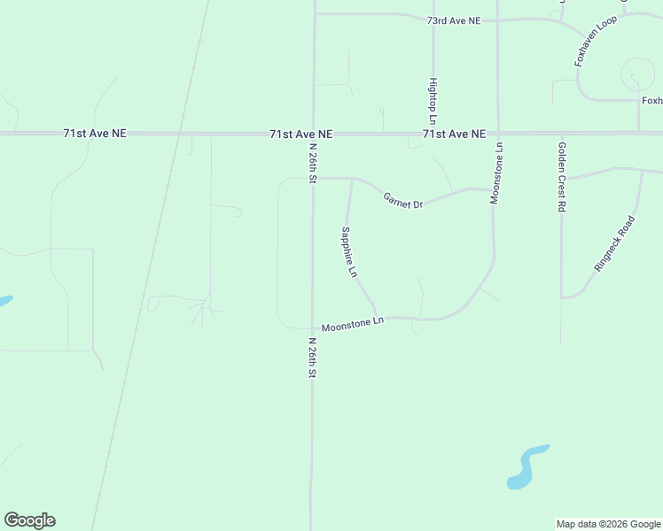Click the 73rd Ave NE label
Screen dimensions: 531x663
pos(453,19)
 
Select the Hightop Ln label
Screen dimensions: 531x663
pos(433,100)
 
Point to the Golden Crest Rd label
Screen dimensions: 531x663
pos(562,176)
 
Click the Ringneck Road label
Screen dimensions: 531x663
pos(615,243)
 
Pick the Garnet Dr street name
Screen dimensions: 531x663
pos(403,200)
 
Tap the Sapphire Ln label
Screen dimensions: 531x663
pos(348,252)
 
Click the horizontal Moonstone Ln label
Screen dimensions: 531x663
pos(352,324)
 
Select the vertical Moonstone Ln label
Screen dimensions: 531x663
pos(497,173)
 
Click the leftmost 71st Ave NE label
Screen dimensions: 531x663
pos(95,134)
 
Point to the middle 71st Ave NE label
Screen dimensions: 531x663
pos(301,134)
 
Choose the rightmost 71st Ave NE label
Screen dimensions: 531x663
pos(454,134)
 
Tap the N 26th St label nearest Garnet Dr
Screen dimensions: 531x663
pos(313,162)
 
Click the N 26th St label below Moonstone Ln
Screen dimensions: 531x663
pos(312,358)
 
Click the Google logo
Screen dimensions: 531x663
pos(29,520)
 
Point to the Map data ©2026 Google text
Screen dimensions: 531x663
pos(609,524)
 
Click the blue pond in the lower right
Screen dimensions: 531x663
pos(526,466)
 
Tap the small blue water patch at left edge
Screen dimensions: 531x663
pos(4,301)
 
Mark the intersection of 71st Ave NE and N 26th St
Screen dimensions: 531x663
pos(313,134)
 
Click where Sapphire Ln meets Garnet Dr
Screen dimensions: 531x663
pos(352,179)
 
